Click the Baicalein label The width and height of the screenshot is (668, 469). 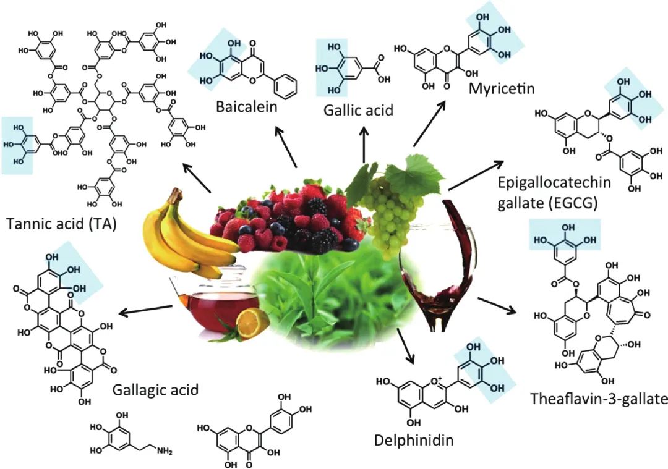point(246,106)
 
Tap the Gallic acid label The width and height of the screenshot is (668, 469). point(359,111)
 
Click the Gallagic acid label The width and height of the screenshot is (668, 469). point(156,390)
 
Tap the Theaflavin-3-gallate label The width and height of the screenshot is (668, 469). point(599,399)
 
